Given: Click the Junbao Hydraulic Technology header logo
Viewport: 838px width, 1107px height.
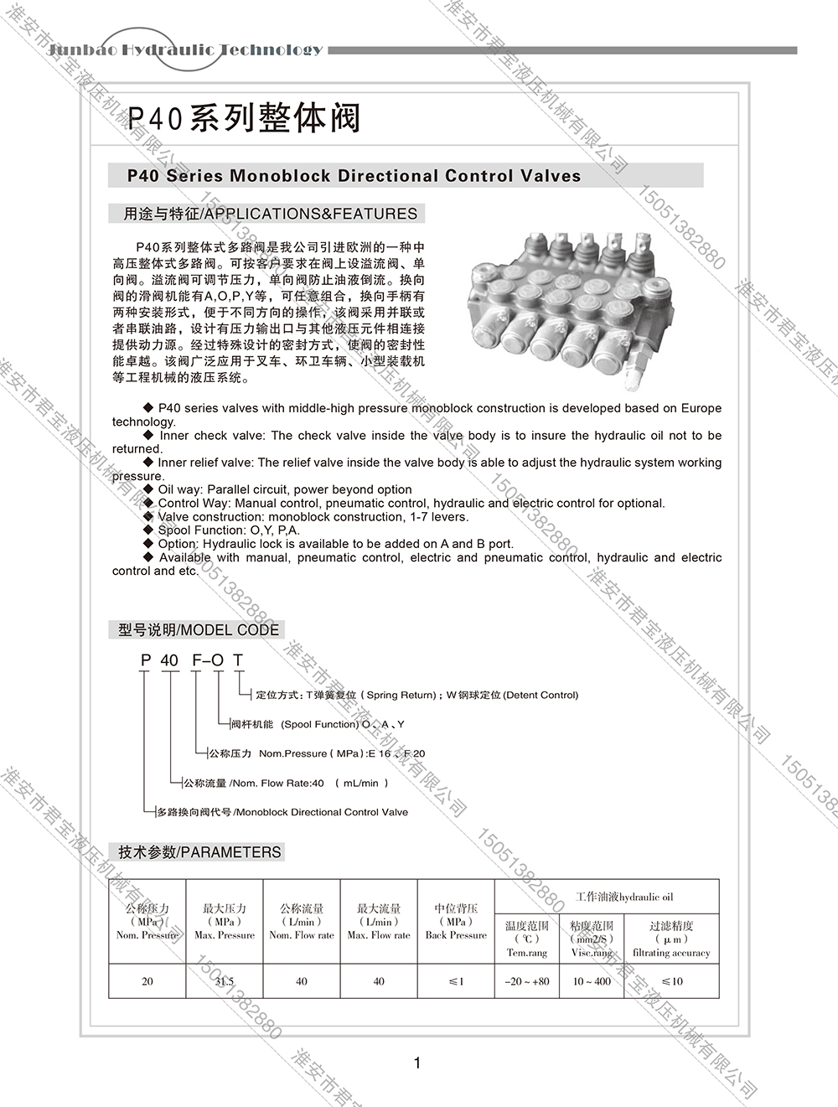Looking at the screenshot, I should [x=185, y=49].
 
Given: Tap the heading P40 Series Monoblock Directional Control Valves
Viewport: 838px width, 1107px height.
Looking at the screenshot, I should [x=354, y=176].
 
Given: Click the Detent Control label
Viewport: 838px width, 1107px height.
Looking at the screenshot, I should [x=541, y=695].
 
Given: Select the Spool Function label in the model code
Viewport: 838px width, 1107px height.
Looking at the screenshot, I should [x=319, y=724].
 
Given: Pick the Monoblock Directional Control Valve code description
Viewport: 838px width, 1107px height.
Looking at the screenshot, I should [x=322, y=812].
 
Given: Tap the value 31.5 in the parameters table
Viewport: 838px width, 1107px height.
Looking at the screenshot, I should [x=225, y=981].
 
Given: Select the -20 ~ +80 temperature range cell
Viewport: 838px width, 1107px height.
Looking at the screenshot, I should [x=527, y=981].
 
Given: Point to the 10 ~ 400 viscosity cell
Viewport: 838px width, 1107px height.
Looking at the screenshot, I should [x=592, y=981].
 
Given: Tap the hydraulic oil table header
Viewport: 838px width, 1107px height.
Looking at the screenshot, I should [x=624, y=897].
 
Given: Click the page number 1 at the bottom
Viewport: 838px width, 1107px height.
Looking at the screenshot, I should [x=417, y=1063].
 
